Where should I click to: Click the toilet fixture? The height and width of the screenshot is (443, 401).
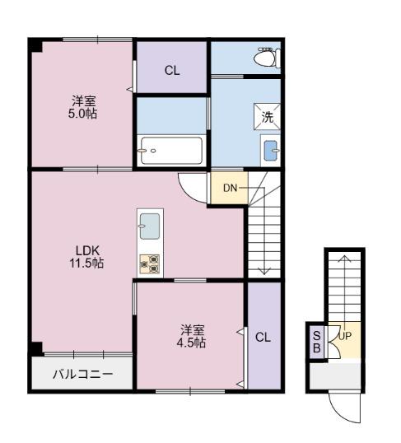268,58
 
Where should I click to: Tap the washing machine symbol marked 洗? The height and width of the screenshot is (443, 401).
267,117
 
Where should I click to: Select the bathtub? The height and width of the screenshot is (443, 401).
171,151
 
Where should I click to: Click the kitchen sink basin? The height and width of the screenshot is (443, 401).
150,226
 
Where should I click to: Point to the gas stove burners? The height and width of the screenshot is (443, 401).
150,264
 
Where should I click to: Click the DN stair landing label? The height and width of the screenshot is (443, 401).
230,188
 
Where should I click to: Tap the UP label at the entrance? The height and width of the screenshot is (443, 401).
345,336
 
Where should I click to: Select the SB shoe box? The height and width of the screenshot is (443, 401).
317,343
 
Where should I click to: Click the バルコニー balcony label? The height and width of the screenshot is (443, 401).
83,375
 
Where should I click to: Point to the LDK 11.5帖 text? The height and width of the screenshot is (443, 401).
87,257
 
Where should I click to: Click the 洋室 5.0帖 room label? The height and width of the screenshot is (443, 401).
82,107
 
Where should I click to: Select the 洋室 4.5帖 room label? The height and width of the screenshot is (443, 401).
191,336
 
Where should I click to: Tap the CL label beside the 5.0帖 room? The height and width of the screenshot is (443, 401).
172,71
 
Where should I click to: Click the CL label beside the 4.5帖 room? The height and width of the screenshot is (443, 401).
263,337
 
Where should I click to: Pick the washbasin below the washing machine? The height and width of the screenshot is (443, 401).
271,151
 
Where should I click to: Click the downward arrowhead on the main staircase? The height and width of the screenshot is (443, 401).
264,271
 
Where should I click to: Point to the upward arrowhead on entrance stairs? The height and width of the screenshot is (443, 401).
344,258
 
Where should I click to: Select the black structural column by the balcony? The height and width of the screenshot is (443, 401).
37,348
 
